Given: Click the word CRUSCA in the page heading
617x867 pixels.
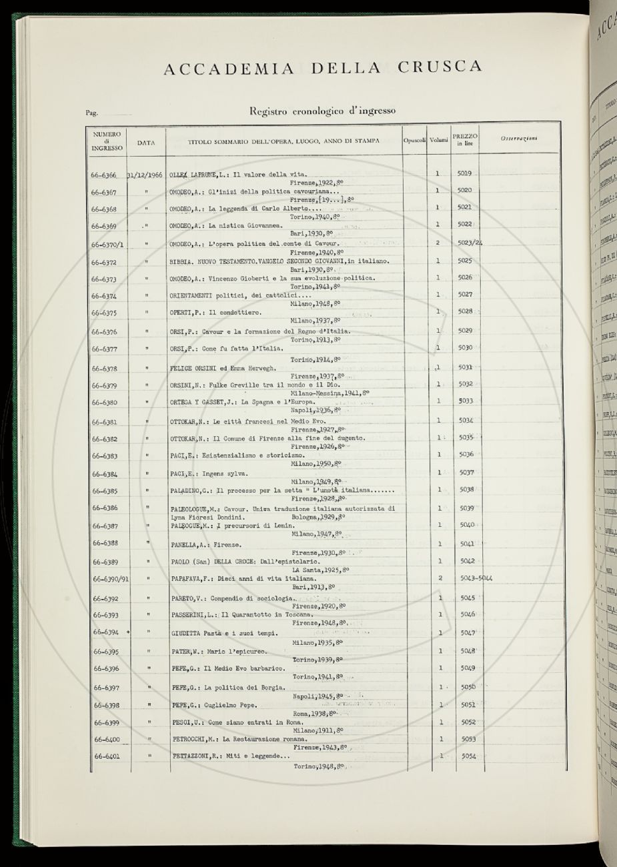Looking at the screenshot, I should point(439,67).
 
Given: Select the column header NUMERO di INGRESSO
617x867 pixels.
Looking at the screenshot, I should point(107,141).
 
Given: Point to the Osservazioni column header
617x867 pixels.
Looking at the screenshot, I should point(519,139).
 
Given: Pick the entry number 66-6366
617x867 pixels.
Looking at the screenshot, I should point(107,175).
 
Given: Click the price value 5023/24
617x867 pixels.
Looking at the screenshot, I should point(470,243).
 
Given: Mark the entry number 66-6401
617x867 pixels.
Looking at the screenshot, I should point(107,756).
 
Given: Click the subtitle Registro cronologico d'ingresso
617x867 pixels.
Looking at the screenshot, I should point(322,111).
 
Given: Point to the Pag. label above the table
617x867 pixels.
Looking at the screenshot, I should point(92,113).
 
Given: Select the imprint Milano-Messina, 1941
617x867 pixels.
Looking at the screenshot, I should point(330,393).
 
